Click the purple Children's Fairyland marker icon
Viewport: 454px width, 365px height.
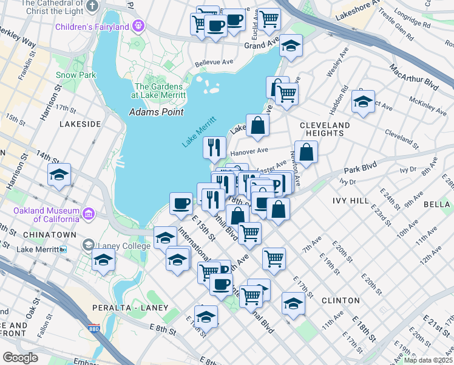pyautogui.click(x=138, y=27)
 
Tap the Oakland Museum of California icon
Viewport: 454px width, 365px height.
pyautogui.click(x=88, y=214)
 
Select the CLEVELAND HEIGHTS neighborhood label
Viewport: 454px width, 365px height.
pyautogui.click(x=325, y=129)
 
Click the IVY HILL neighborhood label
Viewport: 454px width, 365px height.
pyautogui.click(x=351, y=200)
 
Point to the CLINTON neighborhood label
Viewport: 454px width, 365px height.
pyautogui.click(x=340, y=301)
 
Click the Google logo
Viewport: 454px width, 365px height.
pyautogui.click(x=21, y=357)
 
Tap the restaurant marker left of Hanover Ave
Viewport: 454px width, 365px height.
pyautogui.click(x=214, y=147)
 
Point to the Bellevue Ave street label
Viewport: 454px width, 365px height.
pyautogui.click(x=214, y=63)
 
